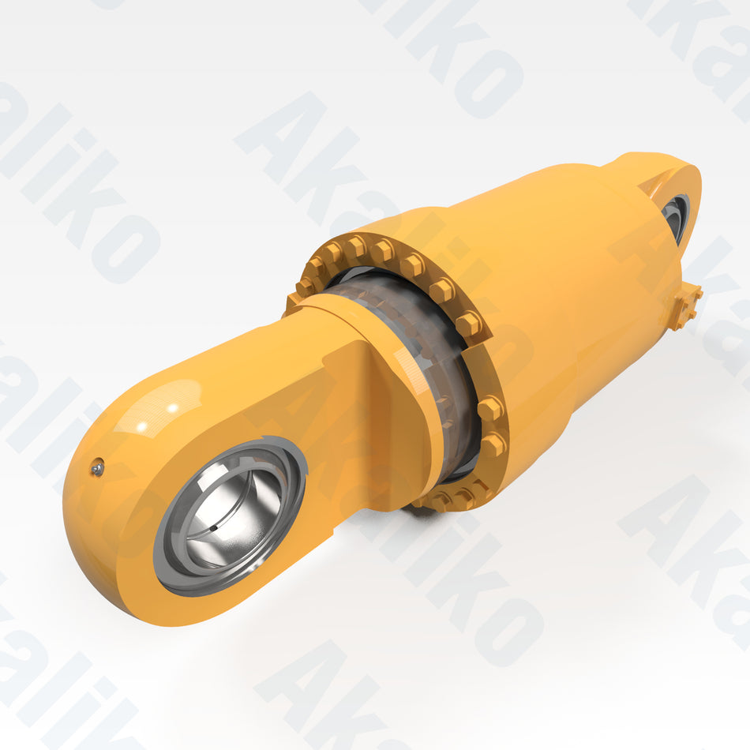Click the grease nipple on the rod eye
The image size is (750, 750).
97,468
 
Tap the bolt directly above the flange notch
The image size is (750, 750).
469,323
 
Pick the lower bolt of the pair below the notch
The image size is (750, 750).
493,445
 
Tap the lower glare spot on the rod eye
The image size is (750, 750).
144,427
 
